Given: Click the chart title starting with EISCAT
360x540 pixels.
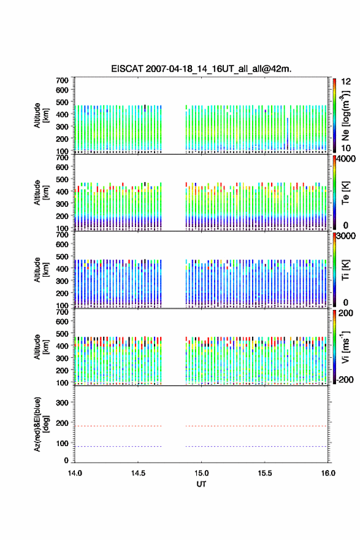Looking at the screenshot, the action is coord(201,69).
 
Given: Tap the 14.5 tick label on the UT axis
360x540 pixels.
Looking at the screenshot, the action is coord(137,473).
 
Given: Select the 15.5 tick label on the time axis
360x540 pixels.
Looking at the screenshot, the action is coord(264,473).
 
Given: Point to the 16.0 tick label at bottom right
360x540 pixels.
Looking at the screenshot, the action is coord(327,473).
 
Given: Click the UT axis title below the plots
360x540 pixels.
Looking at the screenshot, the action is coord(201,484).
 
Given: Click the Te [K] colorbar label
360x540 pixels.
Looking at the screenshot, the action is coord(345,193).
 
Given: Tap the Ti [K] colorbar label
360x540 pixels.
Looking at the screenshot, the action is coord(345,269).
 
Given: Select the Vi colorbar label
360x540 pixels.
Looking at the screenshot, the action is coord(345,347).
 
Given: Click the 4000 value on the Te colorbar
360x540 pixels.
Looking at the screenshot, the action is coord(346,159).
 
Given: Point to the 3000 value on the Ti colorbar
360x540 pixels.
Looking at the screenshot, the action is coord(346,236).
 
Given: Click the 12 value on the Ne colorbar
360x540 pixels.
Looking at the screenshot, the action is coord(346,82).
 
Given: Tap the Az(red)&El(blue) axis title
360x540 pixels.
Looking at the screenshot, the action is coord(41,424).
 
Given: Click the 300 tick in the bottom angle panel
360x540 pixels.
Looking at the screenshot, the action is coord(62,403).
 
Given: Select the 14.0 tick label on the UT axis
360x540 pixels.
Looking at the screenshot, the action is coord(75,473).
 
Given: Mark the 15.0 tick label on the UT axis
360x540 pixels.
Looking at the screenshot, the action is coord(201,473).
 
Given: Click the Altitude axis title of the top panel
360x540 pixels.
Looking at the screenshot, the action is coord(41,115).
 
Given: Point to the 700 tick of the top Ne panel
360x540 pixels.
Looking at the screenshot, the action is coord(62,80).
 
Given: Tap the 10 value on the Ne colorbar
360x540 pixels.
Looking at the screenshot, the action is coord(346,148).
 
